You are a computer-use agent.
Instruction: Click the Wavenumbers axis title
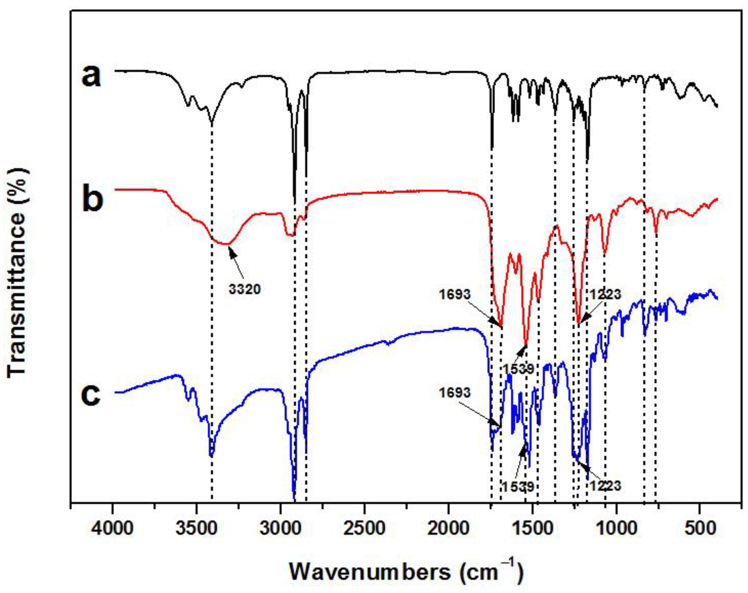pyautogui.click(x=406, y=572)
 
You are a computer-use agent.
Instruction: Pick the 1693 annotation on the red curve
pyautogui.click(x=454, y=295)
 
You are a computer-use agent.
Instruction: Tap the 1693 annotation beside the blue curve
pyautogui.click(x=454, y=393)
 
